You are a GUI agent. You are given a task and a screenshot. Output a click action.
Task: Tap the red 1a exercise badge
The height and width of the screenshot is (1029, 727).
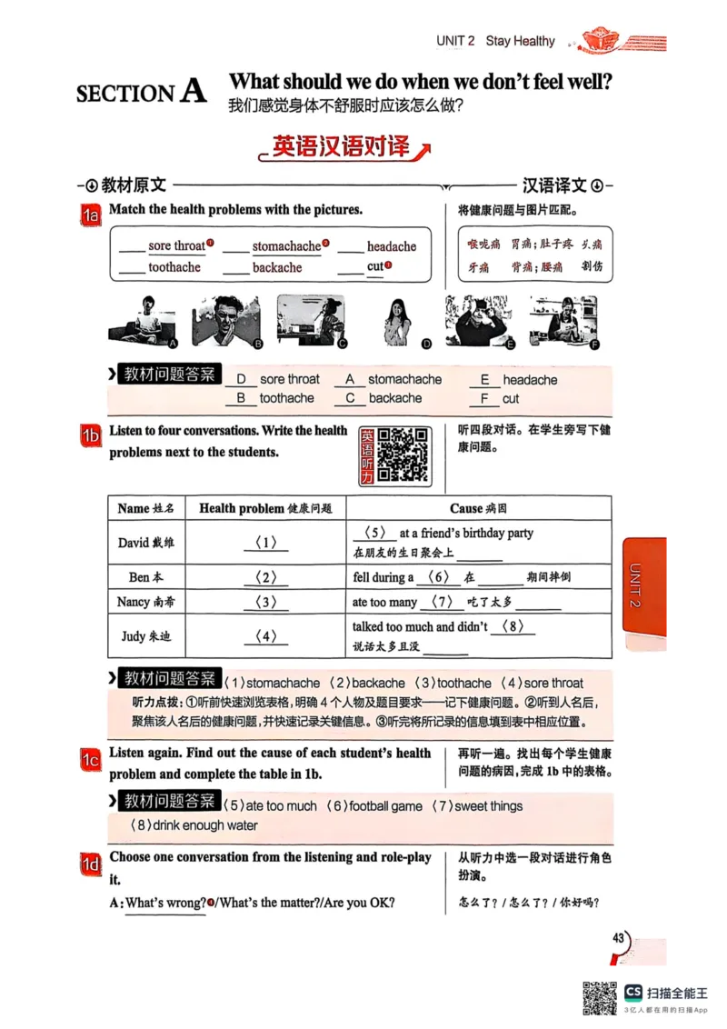click(x=91, y=216)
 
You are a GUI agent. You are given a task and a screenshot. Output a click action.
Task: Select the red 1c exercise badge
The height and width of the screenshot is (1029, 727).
click(x=91, y=760)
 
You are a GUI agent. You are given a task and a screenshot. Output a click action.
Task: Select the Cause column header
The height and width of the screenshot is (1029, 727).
click(x=478, y=509)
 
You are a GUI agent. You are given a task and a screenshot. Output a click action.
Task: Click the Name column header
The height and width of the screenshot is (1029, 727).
click(x=145, y=509)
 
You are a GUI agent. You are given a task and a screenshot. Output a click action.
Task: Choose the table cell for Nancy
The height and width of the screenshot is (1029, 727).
click(x=145, y=603)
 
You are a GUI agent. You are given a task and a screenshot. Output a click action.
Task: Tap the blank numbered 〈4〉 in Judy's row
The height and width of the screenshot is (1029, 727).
click(x=266, y=636)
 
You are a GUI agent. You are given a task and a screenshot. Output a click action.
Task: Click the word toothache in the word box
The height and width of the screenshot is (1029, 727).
click(x=174, y=267)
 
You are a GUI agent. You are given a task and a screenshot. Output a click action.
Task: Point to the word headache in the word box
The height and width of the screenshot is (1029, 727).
click(x=392, y=246)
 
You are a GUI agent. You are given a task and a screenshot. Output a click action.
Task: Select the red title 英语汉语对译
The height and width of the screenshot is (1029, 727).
click(x=341, y=147)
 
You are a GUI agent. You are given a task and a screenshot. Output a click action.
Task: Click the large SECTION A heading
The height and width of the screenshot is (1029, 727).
click(x=142, y=93)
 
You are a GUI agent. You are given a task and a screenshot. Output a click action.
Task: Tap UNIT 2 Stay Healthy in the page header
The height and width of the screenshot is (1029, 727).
click(x=495, y=41)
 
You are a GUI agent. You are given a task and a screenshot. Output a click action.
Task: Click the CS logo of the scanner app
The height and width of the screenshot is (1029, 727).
click(x=633, y=992)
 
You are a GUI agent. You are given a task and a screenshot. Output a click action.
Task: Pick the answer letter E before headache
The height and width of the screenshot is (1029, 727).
click(x=484, y=380)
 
